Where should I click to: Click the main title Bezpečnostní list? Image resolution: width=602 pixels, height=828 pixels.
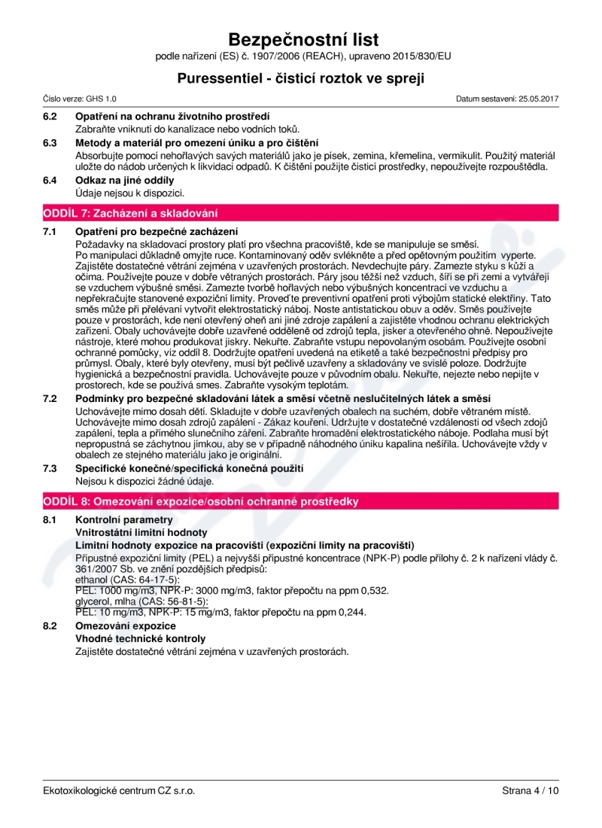pos(303,39)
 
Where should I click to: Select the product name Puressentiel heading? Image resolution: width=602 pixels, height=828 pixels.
pos(301,78)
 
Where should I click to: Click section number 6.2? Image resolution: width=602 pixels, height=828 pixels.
pos(50,117)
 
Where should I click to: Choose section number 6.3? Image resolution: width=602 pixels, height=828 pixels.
pos(50,142)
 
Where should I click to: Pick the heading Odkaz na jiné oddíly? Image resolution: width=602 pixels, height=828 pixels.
pos(125,180)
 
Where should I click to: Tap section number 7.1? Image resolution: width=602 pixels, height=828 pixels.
pos(50,231)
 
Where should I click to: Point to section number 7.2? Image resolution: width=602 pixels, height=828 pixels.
pos(50,397)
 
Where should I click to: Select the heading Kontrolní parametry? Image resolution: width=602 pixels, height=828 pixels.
pos(124,520)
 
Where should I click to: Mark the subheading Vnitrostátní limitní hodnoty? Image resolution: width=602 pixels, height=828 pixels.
pos(141,532)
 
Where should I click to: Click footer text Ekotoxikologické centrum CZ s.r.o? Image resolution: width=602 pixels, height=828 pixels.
pos(119,790)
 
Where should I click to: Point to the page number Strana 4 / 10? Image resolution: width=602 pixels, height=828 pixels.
pos(530,790)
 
